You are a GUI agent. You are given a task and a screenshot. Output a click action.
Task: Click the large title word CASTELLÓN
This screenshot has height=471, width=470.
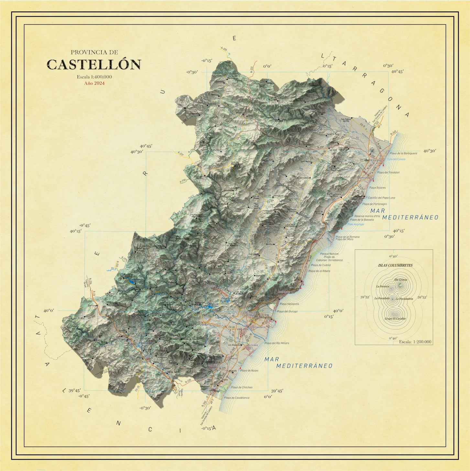coord(94,64)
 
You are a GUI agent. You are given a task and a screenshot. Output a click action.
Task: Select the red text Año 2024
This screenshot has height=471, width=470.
coord(94,83)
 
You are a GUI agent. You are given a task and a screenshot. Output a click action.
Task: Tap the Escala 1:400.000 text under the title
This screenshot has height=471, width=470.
coord(94,77)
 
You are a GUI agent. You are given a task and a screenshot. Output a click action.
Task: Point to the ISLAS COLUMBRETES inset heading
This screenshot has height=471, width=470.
coord(395,265)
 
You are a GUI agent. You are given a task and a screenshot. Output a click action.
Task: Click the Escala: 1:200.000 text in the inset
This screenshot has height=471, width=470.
coord(415,342)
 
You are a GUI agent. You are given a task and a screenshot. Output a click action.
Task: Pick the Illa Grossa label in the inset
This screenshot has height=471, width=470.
coord(401,280)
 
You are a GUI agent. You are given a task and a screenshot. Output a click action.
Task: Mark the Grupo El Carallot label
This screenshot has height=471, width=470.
coord(395,319)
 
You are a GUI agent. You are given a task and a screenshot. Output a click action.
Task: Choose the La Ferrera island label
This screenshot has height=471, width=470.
coord(382,286)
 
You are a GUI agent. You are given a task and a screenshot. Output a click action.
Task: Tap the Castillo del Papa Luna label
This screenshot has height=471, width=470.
coord(381,198)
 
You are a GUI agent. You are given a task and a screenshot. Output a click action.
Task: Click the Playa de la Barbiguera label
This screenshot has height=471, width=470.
coord(403,153)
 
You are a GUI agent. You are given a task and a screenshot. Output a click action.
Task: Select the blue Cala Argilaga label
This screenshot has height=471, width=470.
coord(356,224)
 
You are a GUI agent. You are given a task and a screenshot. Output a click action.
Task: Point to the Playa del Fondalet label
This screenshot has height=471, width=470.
coord(388,172)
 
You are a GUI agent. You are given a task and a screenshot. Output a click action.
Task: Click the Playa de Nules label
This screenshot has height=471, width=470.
coord(249,371)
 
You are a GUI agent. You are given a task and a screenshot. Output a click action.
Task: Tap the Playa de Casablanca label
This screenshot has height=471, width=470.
coord(237,398)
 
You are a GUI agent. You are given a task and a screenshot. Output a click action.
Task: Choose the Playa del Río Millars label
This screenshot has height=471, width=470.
coord(277,343)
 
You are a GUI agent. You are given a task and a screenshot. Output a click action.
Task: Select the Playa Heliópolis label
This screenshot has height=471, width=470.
coord(290,304)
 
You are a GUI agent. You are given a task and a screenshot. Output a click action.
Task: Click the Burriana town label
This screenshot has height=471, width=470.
coord(252,345)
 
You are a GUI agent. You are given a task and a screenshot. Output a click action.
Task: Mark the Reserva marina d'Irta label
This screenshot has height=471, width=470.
coord(367,216)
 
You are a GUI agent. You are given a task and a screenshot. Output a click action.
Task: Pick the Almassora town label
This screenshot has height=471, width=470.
coord(258,327)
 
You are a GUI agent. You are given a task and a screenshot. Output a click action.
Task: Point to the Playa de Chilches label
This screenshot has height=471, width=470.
coord(242,387)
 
